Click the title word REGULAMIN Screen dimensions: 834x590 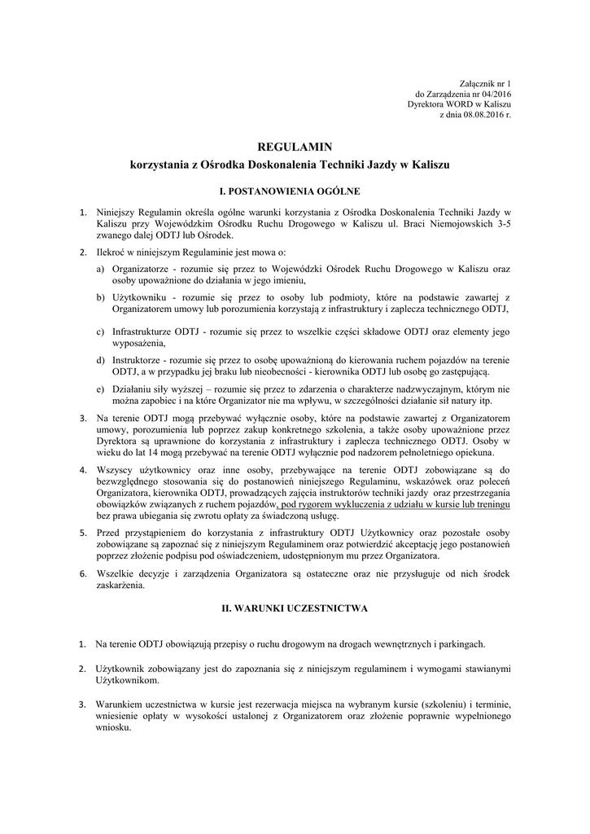tap(295, 147)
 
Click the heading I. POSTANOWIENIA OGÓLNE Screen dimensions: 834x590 tap(295, 192)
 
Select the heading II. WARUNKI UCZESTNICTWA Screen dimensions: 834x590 tap(295, 608)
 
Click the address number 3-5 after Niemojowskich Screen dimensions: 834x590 tap(503, 223)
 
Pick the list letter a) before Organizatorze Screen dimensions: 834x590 tap(101, 268)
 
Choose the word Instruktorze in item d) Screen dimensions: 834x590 tap(139, 359)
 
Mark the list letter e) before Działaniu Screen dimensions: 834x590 tap(101, 388)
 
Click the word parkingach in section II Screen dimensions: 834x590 tap(458, 643)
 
